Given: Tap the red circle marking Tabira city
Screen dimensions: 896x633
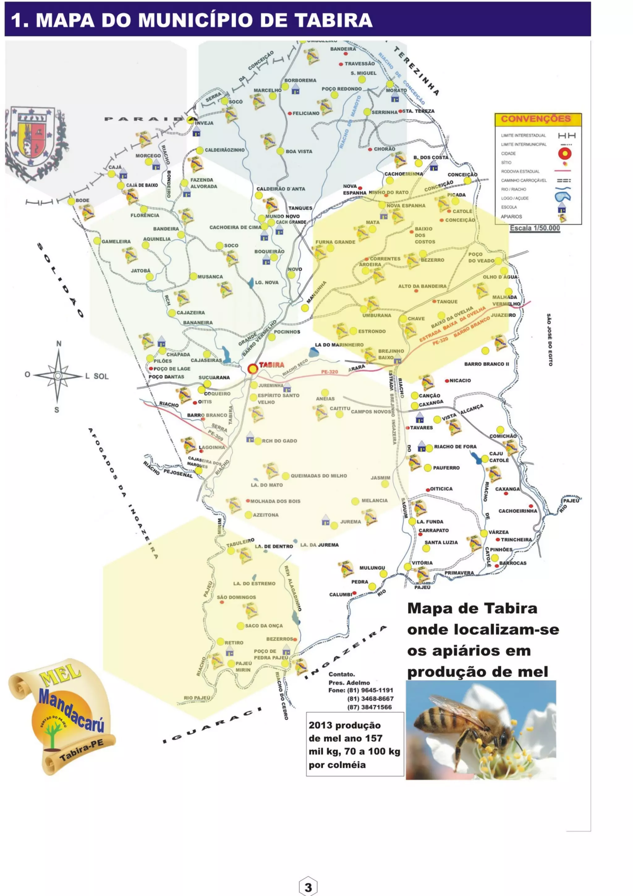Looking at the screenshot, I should pos(253,369).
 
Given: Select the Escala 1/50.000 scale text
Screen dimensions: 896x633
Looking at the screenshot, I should pos(535,228).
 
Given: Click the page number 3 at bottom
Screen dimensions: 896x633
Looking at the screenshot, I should pos(308,887).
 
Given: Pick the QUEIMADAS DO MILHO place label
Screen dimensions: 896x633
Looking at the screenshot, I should pos(318,476).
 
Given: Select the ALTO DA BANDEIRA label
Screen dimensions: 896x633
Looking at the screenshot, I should pos(422,286).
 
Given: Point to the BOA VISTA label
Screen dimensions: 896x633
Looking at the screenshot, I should pos(299,151).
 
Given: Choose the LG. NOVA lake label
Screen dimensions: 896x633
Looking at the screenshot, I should pos(266,283).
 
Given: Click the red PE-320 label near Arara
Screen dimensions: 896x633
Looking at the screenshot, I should pos(329,372).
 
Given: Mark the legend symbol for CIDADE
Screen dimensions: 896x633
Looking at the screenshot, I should pos(564,153).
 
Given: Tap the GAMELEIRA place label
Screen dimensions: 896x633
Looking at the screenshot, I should pos(116,241).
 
